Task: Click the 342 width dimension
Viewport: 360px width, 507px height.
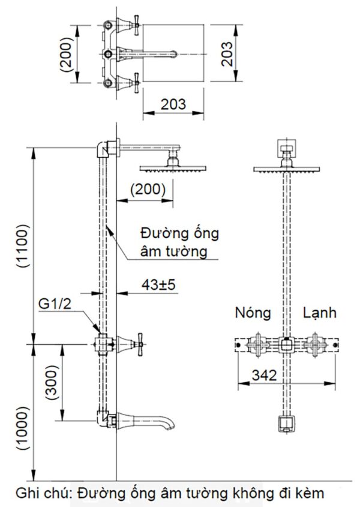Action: pos(264,376)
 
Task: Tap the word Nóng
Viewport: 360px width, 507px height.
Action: pos(253,313)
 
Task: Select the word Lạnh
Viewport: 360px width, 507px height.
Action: pos(319,313)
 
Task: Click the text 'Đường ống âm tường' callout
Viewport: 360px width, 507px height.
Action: pos(179,241)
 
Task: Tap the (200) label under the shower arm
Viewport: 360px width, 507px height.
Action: pos(148,189)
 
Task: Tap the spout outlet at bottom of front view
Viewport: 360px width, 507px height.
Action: pos(286,424)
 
